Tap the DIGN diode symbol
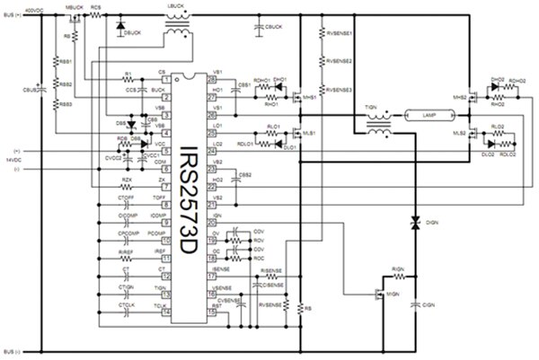tap(414, 221)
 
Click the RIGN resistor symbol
tap(398, 277)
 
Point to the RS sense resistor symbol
tap(300, 307)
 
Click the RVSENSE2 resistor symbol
tap(321, 62)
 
